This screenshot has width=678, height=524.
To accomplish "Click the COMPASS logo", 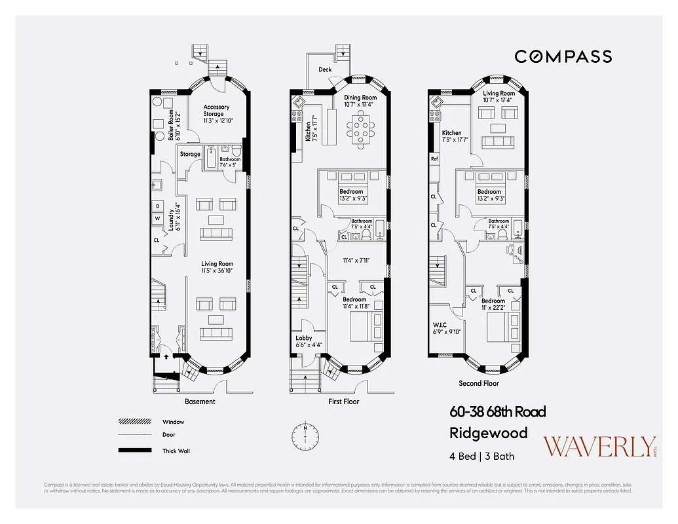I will (x=563, y=57).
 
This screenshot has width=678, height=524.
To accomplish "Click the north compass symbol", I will (x=305, y=434).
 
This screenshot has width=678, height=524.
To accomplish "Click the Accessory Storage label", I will (x=216, y=113).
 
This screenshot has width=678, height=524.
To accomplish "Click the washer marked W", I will (x=158, y=219).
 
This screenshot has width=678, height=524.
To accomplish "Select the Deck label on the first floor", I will (x=325, y=69).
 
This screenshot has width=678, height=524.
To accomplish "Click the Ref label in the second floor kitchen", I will (x=434, y=159).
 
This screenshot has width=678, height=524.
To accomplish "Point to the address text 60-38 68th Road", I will (x=497, y=412).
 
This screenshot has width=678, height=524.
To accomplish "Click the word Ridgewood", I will (x=488, y=433).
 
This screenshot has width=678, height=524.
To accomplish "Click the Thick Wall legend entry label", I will (x=175, y=451).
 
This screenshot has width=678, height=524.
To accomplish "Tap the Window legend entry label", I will (x=173, y=422).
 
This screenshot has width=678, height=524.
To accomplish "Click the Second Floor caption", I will (x=478, y=383).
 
